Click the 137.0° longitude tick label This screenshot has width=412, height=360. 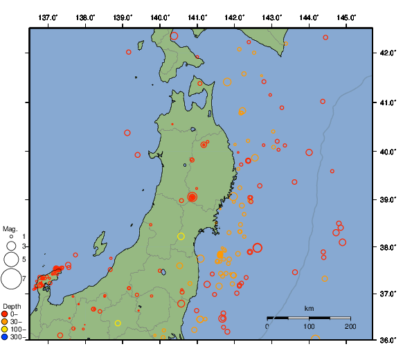48,17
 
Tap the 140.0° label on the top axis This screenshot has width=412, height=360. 160,17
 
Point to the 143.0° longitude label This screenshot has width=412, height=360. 272,17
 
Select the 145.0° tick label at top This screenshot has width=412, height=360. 347,17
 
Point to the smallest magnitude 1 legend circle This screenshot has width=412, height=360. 11,237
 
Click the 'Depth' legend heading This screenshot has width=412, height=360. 12,306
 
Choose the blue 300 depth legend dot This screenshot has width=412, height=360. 5,337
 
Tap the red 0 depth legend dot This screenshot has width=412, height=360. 5,314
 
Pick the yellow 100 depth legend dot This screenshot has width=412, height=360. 5,330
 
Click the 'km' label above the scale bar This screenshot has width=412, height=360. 309,308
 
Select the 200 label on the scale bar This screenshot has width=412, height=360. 350,327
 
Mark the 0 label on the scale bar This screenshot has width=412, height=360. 267,327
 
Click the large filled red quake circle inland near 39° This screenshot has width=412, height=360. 192,197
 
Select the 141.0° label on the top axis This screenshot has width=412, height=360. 197,17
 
